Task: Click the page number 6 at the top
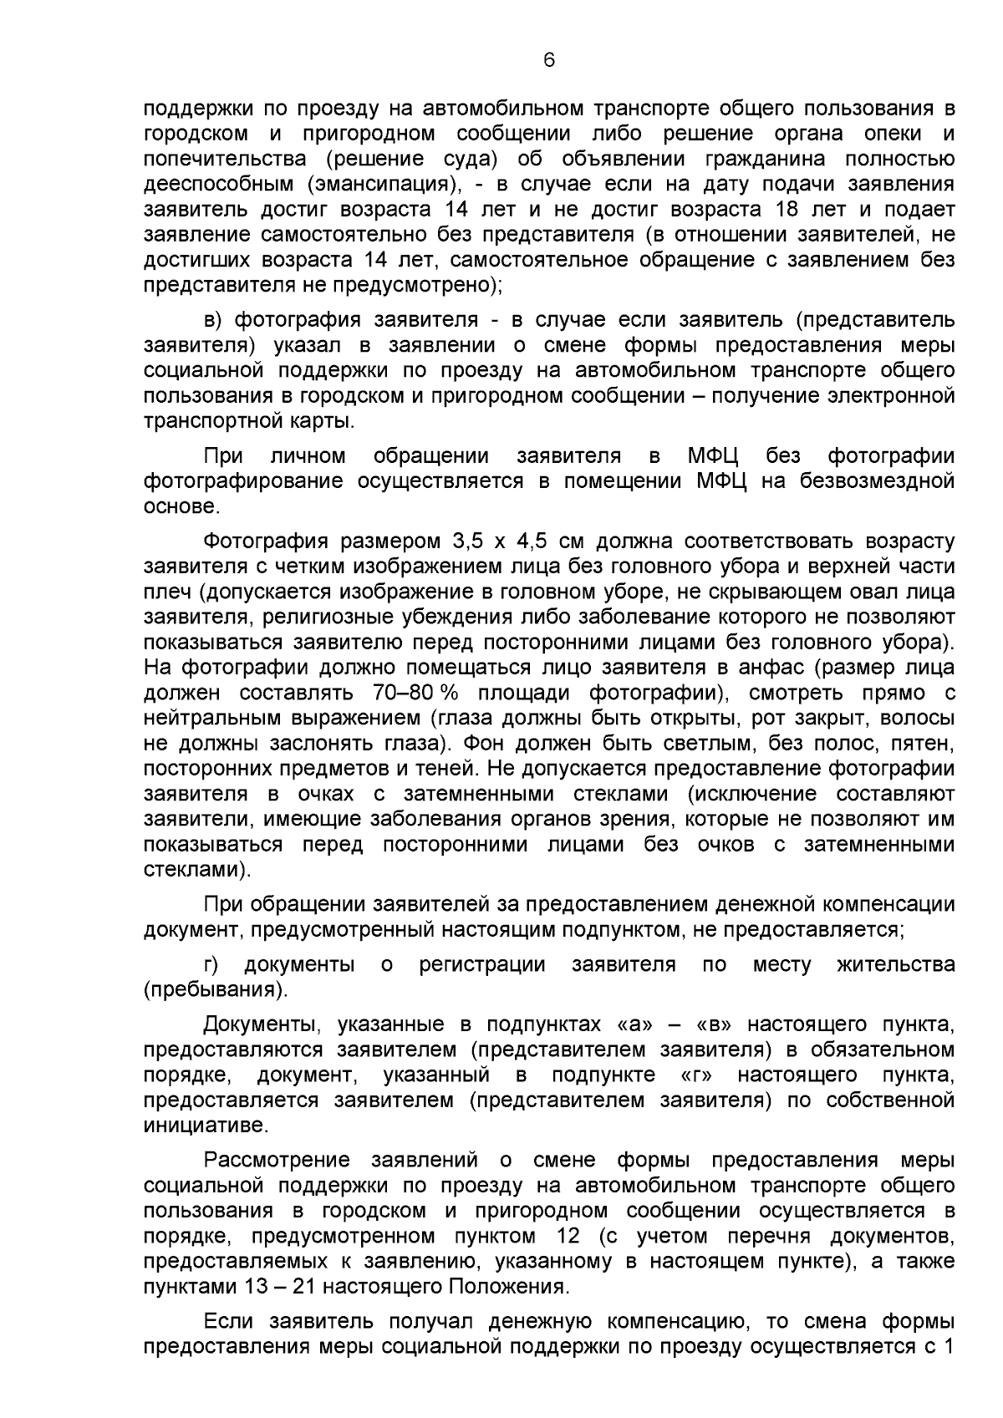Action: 548,59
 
